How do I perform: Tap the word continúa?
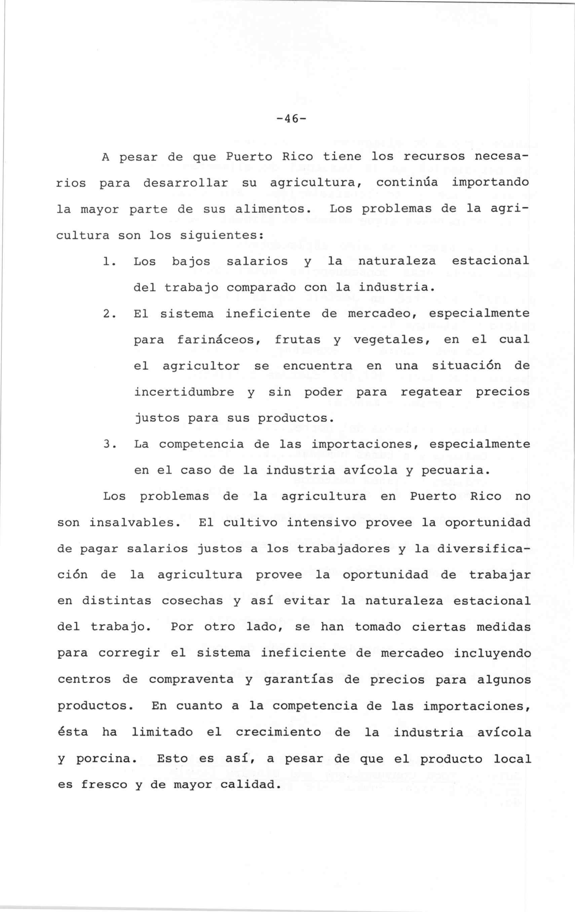407,183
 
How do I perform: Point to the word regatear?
431,392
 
